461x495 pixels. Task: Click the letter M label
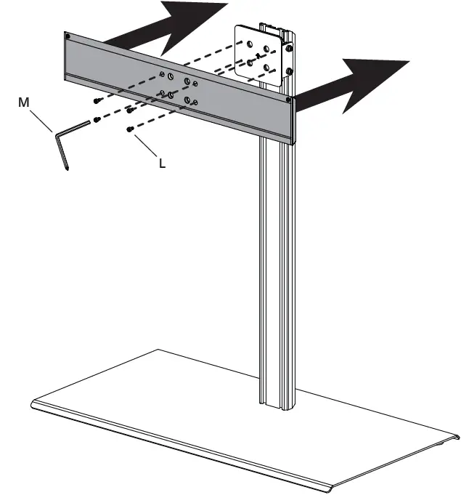click(24, 103)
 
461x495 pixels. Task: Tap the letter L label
click(162, 164)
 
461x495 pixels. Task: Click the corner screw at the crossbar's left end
click(68, 36)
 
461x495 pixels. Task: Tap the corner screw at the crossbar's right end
click(289, 98)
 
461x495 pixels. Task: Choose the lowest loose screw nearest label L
click(129, 129)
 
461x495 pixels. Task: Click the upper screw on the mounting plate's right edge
click(289, 49)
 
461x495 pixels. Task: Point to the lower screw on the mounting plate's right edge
click(289, 71)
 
